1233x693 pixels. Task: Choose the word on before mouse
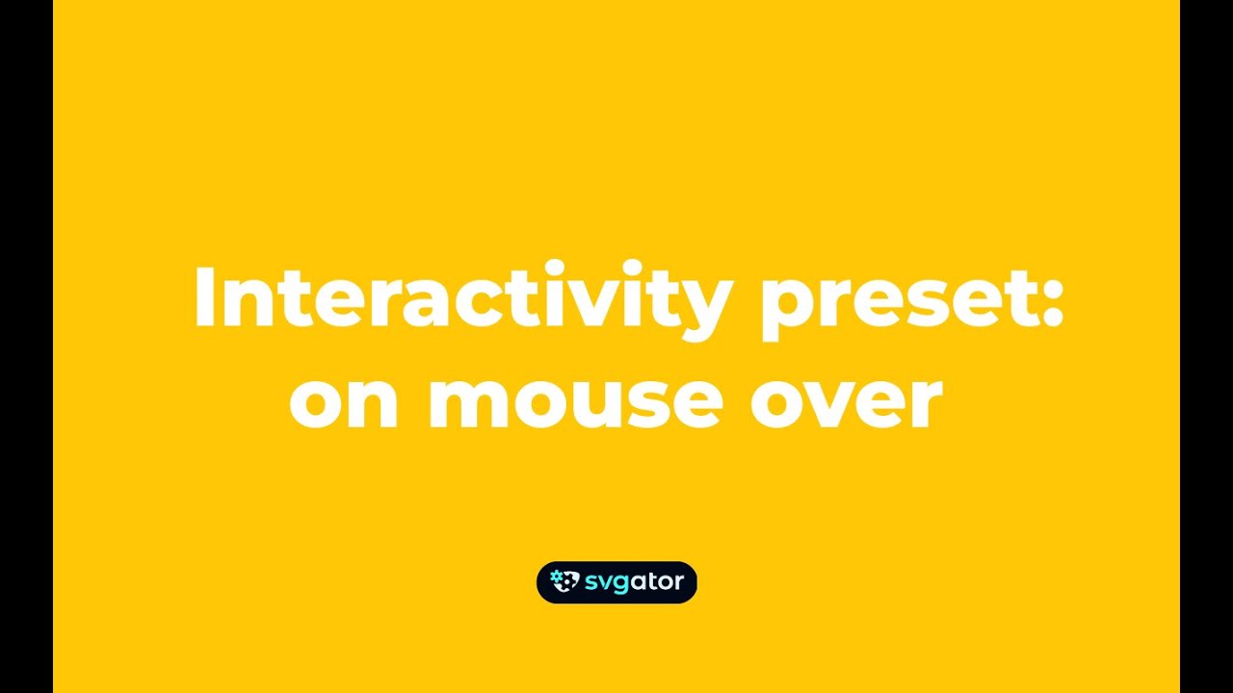[x=344, y=402]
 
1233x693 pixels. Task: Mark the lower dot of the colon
[x=1052, y=320]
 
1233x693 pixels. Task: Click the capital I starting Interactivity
[x=203, y=296]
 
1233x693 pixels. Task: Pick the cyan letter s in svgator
[x=590, y=582]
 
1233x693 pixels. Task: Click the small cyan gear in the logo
[x=556, y=577]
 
